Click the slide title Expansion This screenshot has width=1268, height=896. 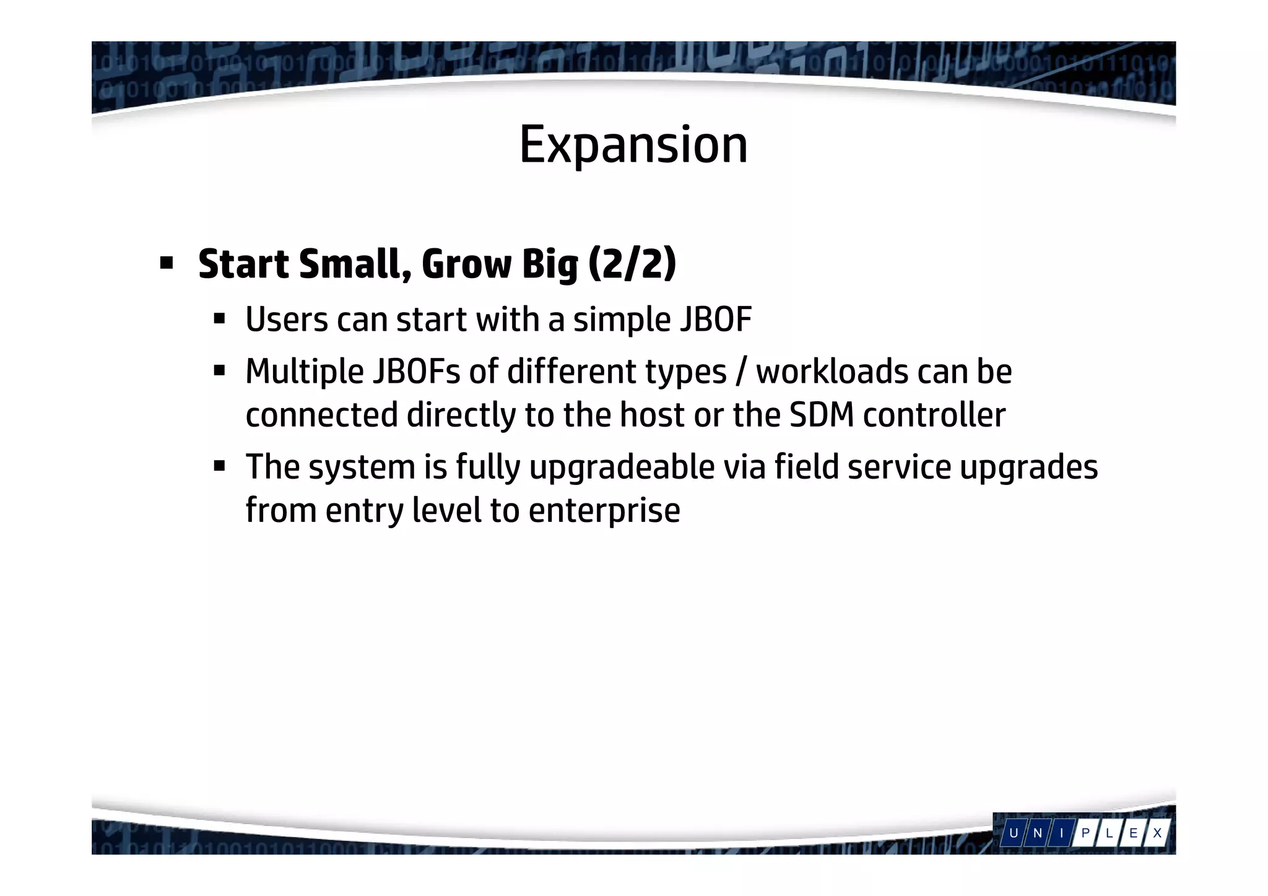tap(633, 145)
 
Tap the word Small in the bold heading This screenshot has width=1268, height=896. tap(355, 264)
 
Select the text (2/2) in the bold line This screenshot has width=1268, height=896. tap(632, 264)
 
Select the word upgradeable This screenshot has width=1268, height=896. tap(622, 468)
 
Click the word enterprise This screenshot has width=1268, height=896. tap(604, 511)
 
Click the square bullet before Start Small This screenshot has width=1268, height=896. tap(166, 264)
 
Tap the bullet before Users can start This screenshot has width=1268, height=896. tap(219, 320)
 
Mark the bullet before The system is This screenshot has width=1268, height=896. tap(219, 466)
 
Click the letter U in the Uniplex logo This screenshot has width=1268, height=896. tap(1014, 833)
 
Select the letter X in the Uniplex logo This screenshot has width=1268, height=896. tap(1156, 833)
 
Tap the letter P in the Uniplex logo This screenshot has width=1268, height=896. tap(1085, 833)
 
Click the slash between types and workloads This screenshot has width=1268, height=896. tap(741, 372)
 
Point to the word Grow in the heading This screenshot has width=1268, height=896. tap(466, 264)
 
